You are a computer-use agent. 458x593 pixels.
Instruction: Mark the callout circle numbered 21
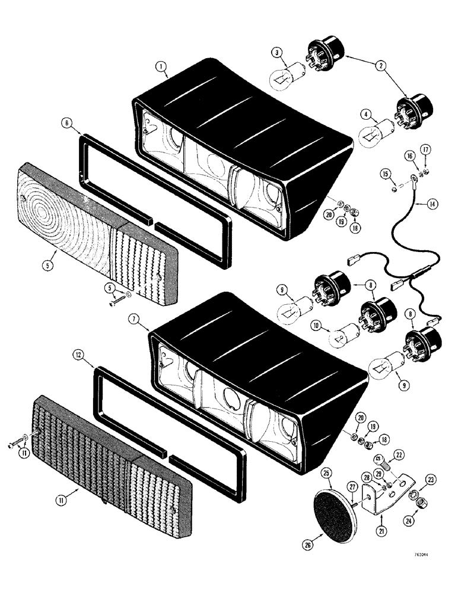(x=380, y=528)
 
